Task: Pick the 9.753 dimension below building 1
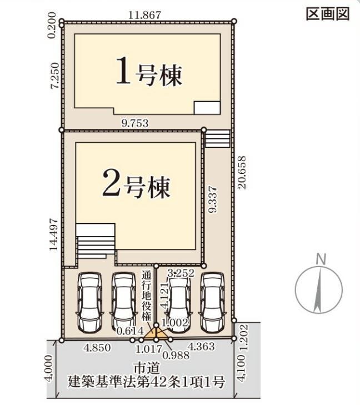(x=134, y=123)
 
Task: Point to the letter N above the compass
(x=319, y=259)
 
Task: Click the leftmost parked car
(x=89, y=302)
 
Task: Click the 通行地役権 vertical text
(x=146, y=296)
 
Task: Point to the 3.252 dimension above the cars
(x=180, y=272)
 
